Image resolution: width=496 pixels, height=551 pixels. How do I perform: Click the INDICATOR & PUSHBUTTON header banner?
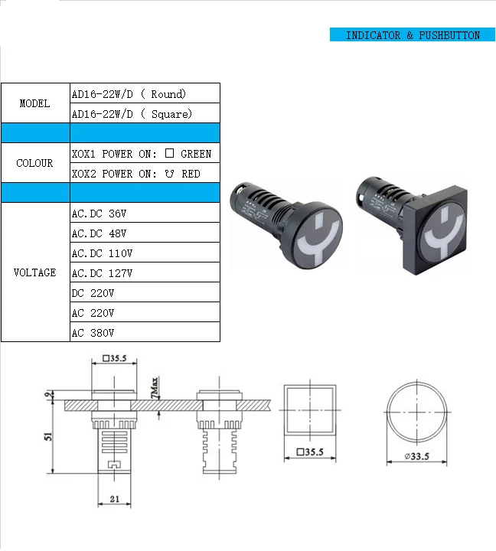[413, 34]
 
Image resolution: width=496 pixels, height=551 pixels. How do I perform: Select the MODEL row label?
[34, 103]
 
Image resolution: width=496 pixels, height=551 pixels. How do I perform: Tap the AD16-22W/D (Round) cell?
[145, 93]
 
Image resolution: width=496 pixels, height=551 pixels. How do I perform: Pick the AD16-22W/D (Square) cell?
[145, 113]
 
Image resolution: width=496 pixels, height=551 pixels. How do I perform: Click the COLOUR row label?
[34, 163]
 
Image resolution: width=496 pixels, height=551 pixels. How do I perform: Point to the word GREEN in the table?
[196, 154]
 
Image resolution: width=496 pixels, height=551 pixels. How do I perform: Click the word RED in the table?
[191, 174]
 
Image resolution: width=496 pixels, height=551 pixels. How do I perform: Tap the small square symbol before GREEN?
[169, 153]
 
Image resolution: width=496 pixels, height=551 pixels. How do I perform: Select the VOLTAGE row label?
[34, 272]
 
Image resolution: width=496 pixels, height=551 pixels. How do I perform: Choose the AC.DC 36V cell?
[145, 213]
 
